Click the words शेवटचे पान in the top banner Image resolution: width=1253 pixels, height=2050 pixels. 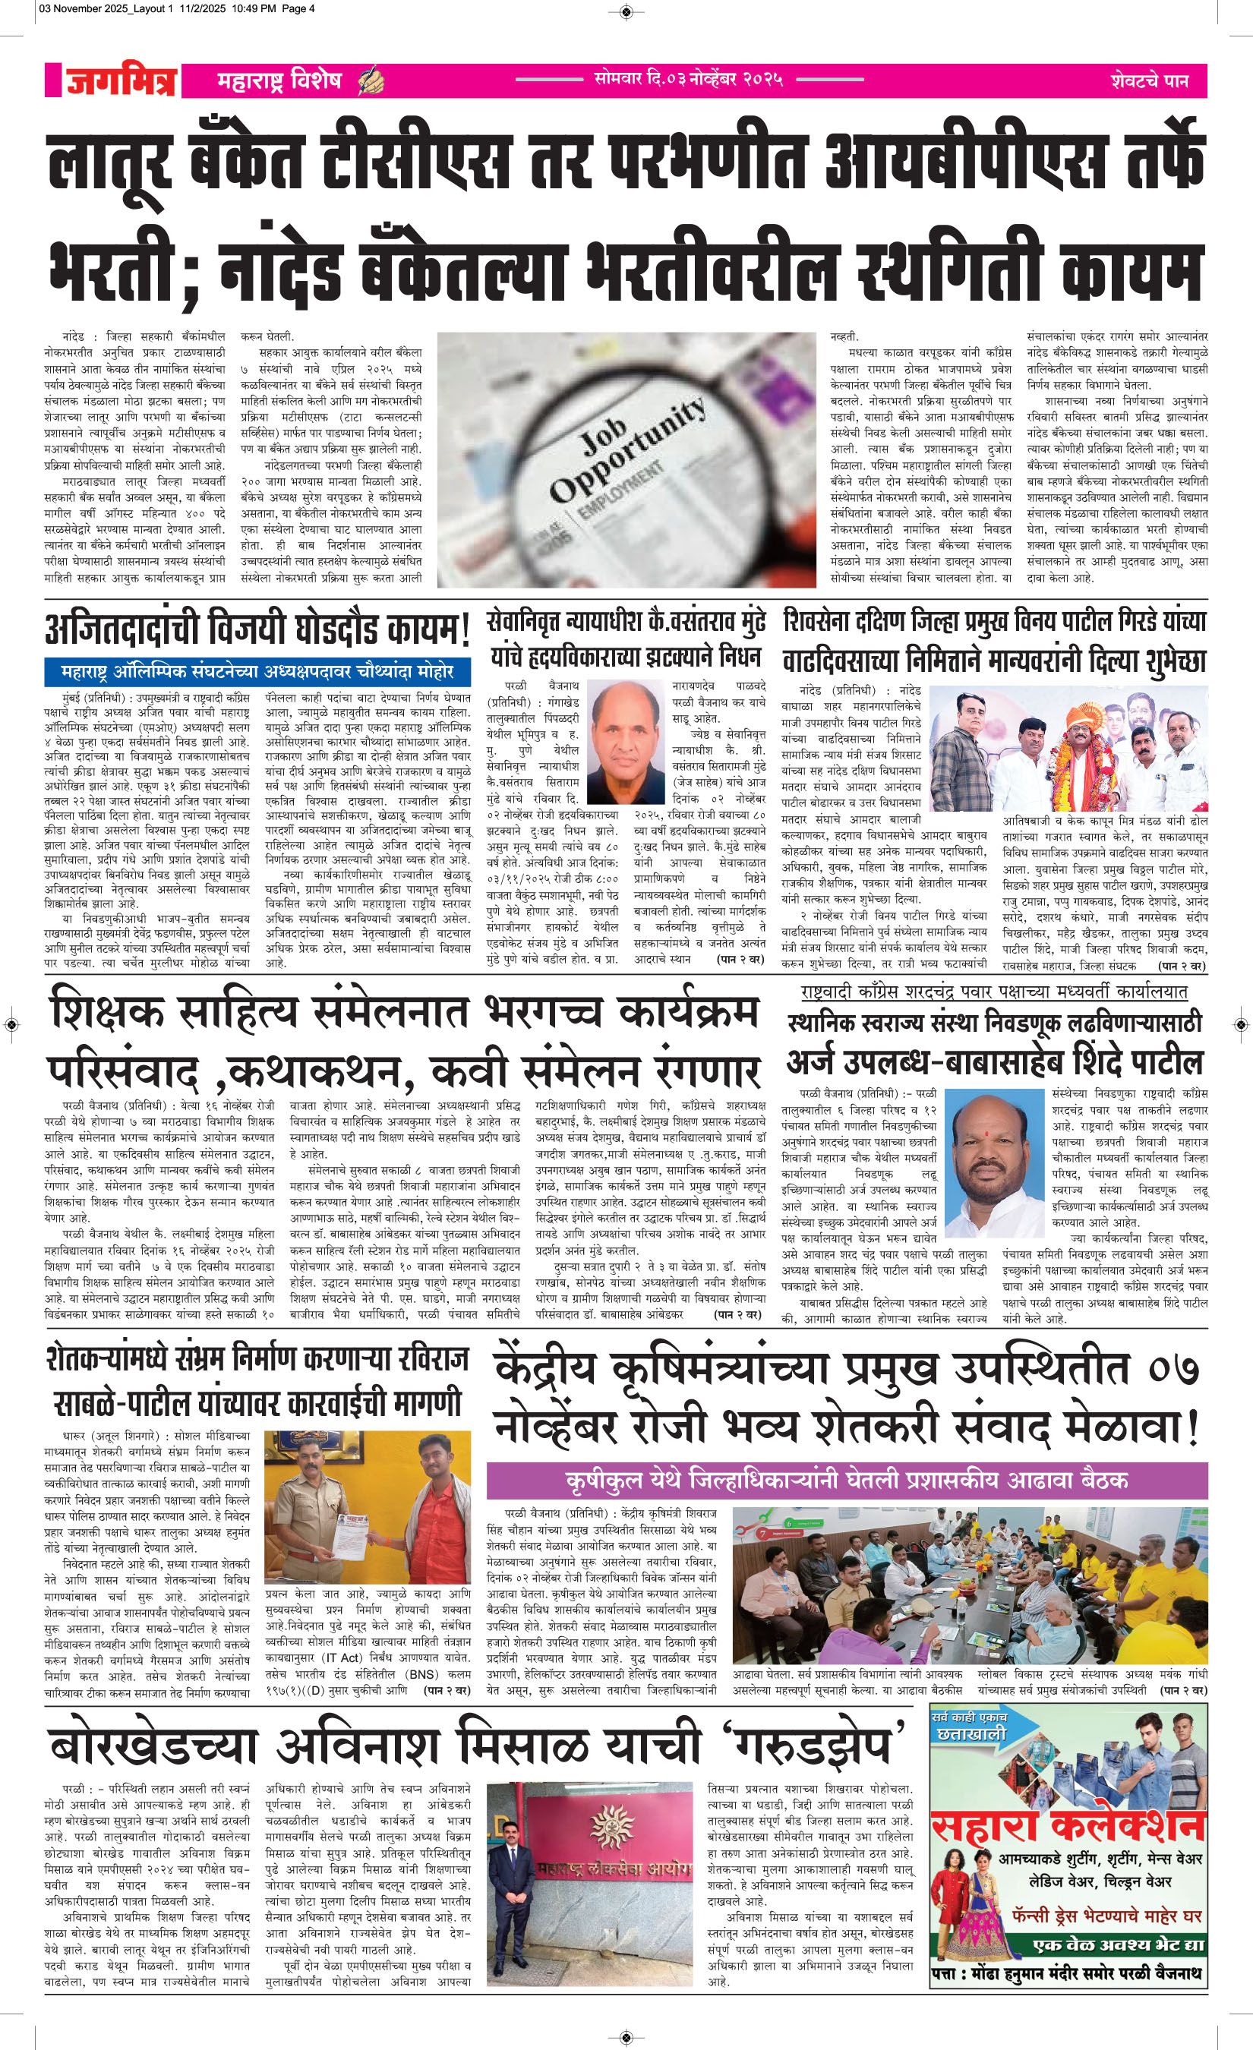pos(1148,81)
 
